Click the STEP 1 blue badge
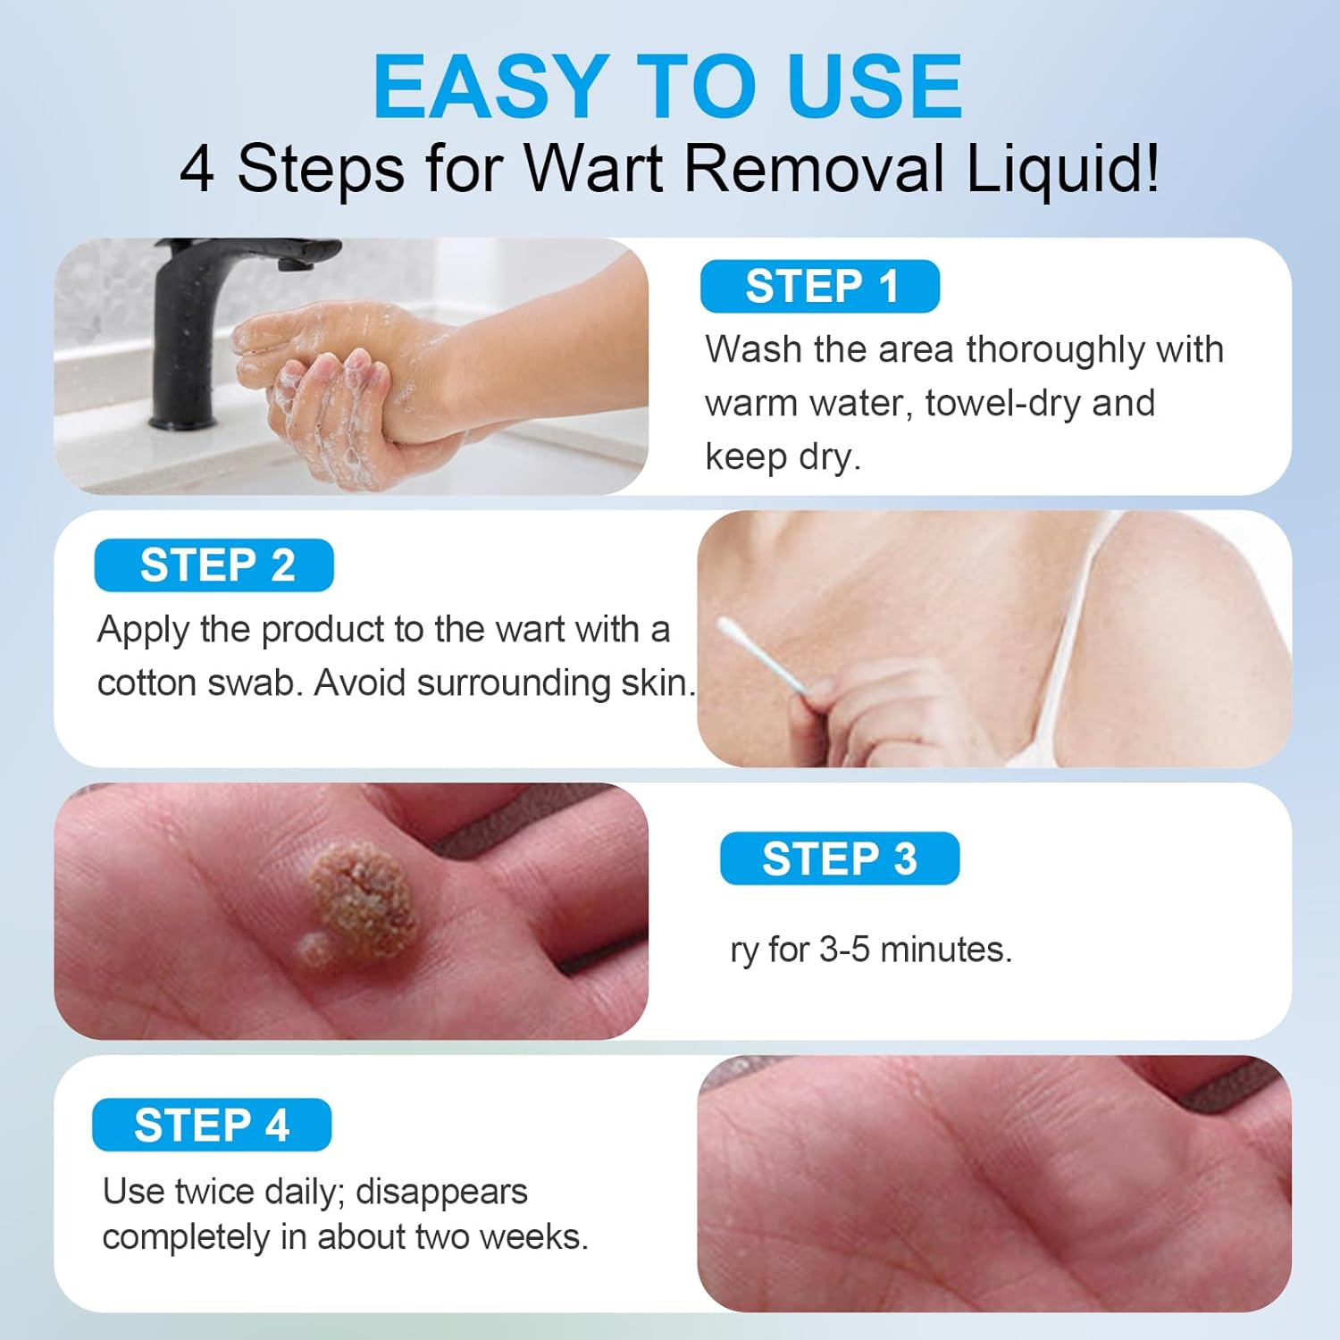pos(819,287)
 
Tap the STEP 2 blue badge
pos(214,565)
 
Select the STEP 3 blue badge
pos(839,858)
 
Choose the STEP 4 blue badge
pos(212,1125)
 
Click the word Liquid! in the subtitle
pos(1062,168)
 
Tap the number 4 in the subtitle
pos(197,168)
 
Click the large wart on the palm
pos(362,902)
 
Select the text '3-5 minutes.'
pos(916,950)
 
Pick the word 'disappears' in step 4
pos(441,1192)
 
